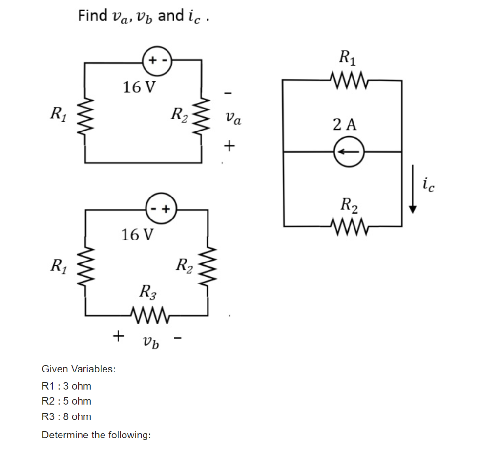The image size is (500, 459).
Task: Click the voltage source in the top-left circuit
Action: [x=156, y=60]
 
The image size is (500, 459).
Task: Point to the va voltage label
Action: [x=232, y=118]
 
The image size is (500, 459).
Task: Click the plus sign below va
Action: [x=229, y=145]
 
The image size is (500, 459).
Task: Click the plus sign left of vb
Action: [x=118, y=336]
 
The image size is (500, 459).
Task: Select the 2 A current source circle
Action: [x=349, y=152]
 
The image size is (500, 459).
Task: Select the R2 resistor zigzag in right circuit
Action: [x=348, y=226]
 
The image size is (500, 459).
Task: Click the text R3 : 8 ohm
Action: [x=66, y=417]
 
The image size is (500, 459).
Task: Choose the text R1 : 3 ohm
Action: [x=66, y=386]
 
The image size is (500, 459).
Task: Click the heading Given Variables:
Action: [x=79, y=369]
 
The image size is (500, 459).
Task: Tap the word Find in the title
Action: [x=93, y=16]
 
